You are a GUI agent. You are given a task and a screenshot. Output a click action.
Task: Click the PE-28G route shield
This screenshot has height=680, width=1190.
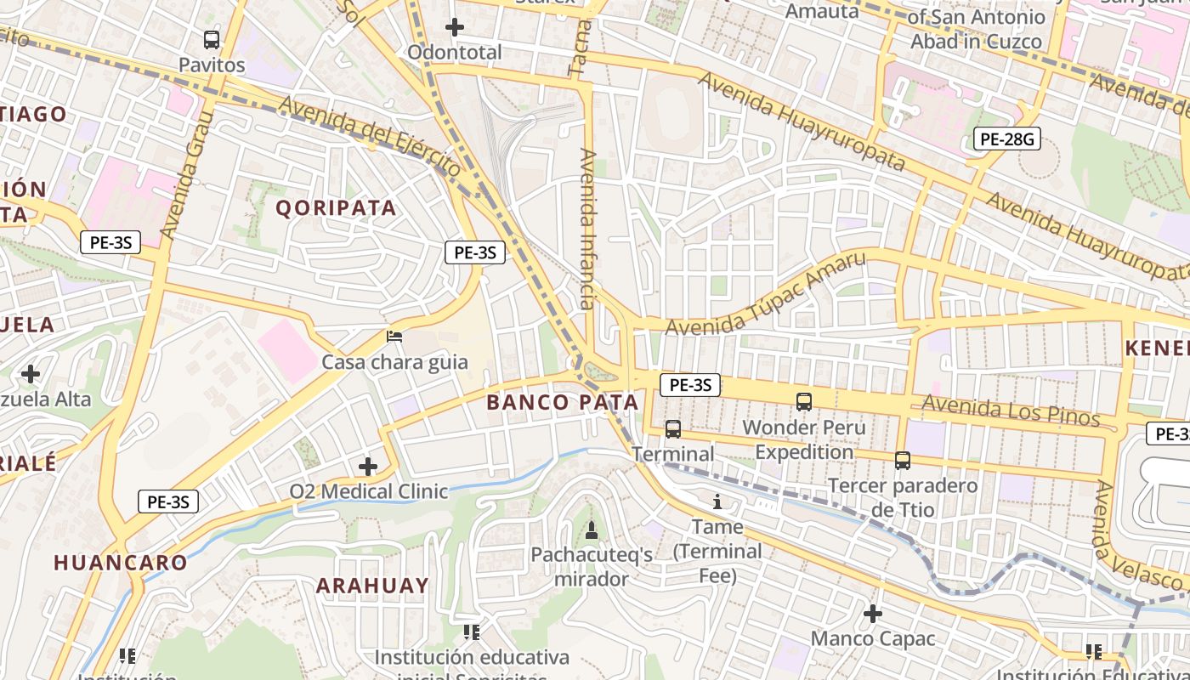click(1007, 139)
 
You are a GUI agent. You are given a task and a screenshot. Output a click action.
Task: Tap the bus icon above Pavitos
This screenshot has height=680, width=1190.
click(212, 39)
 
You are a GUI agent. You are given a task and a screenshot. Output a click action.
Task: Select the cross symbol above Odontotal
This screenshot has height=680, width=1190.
click(455, 27)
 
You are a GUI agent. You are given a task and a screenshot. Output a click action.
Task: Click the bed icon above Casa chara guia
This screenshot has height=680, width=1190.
click(394, 337)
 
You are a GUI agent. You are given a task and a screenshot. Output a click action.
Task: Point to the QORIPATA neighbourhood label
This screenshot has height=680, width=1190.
click(337, 208)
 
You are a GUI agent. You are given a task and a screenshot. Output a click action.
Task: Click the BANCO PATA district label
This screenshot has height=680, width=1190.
click(563, 402)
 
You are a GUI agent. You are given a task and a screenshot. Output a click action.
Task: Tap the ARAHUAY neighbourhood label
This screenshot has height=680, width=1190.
click(373, 586)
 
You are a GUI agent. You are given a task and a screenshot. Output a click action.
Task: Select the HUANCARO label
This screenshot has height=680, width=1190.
click(121, 563)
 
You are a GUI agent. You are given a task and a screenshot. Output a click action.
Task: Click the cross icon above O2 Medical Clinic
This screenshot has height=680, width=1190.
click(367, 466)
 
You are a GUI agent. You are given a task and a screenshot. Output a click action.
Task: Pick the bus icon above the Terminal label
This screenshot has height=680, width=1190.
click(673, 429)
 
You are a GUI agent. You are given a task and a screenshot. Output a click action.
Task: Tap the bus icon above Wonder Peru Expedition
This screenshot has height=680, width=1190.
click(804, 402)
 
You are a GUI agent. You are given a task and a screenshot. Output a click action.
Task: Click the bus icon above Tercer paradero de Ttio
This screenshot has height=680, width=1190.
click(903, 461)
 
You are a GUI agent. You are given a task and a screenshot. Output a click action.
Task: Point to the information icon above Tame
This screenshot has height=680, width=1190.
click(717, 502)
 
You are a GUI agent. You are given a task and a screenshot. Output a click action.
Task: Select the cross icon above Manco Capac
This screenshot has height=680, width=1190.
click(873, 613)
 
